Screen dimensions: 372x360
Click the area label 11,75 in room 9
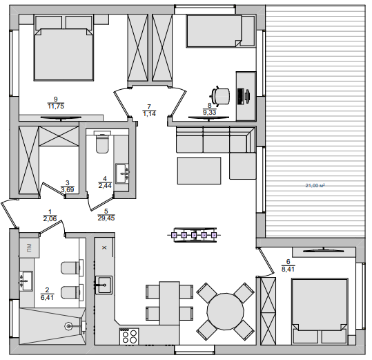pos(56,106)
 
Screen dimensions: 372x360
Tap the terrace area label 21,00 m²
pos(315,185)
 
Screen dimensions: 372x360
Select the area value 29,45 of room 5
pos(106,218)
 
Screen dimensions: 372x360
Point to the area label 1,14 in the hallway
pos(149,114)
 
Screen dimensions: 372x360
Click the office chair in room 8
pos(220,95)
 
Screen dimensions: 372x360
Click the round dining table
pos(226,312)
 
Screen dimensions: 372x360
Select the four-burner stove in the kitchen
pos(129,337)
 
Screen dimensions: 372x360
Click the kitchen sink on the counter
pos(104,285)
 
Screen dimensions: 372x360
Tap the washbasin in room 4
pos(122,173)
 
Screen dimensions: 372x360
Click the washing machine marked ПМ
pos(29,248)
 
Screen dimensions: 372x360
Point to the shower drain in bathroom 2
pos(68,326)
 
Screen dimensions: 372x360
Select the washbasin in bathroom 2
pos(26,281)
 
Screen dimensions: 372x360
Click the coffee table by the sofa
pos(199,171)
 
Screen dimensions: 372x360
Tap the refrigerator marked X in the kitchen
pos(104,247)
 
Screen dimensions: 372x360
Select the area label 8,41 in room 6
pos(288,269)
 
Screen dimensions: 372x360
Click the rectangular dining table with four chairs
pos(169,303)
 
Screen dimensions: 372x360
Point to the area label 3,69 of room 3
pos(68,190)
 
